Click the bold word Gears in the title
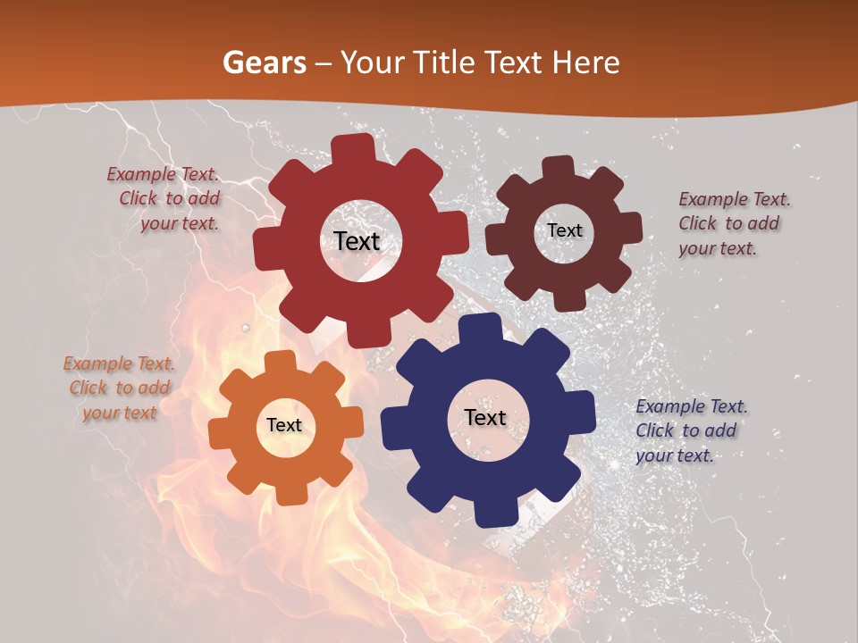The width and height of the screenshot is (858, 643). (264, 63)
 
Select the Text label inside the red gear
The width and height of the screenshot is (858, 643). (357, 241)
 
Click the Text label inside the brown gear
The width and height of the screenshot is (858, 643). (564, 230)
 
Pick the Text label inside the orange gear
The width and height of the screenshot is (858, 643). (284, 425)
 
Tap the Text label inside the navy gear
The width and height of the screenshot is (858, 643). (485, 417)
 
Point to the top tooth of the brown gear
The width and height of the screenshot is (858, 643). (559, 167)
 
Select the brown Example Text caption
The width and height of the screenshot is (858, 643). (733, 223)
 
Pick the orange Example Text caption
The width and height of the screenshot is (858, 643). (120, 388)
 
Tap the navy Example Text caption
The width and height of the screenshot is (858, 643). (690, 430)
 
